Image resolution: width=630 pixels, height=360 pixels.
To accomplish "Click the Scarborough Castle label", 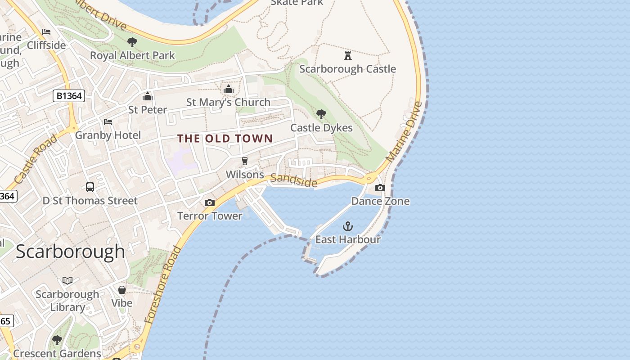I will tap(347, 69).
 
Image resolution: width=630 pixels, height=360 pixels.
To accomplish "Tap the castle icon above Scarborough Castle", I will tap(347, 56).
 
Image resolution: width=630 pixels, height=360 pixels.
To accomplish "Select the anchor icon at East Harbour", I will tap(348, 226).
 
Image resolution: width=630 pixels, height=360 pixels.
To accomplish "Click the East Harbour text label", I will tap(348, 239).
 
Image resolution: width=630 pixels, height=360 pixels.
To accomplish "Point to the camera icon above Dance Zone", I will tap(380, 188).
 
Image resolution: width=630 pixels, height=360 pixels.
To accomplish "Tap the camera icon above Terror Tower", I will tap(210, 203).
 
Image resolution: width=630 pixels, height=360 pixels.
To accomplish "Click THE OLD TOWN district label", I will tap(225, 139).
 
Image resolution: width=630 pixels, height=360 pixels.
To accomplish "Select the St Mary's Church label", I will tap(228, 102).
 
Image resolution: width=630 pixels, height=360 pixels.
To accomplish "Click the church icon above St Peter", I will tap(148, 96).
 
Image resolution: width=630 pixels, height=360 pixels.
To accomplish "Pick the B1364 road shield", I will tap(68, 96).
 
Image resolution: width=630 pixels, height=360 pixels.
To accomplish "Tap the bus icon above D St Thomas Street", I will tap(90, 187).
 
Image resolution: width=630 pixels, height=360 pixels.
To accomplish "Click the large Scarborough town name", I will tap(71, 251).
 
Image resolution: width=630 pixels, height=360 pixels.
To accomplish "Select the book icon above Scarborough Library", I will tap(67, 281).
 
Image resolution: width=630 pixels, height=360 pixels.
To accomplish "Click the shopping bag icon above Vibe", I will tap(122, 289).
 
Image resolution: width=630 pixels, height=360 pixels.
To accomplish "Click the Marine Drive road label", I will tap(405, 132).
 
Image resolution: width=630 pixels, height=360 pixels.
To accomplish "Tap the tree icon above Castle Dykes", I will tap(321, 114).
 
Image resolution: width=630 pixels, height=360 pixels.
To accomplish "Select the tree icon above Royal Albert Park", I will tap(132, 42).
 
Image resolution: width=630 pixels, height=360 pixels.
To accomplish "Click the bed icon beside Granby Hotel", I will tap(108, 122).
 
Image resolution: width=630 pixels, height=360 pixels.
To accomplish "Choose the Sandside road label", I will tap(294, 180).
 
